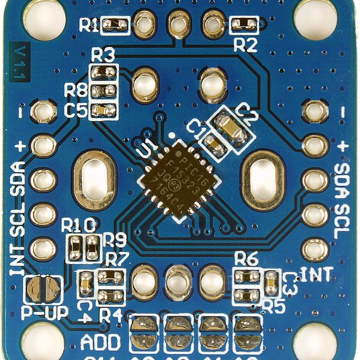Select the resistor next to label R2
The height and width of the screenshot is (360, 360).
(244, 25)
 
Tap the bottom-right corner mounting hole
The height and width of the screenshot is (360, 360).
(314, 342)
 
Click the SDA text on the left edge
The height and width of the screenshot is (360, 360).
(18, 179)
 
